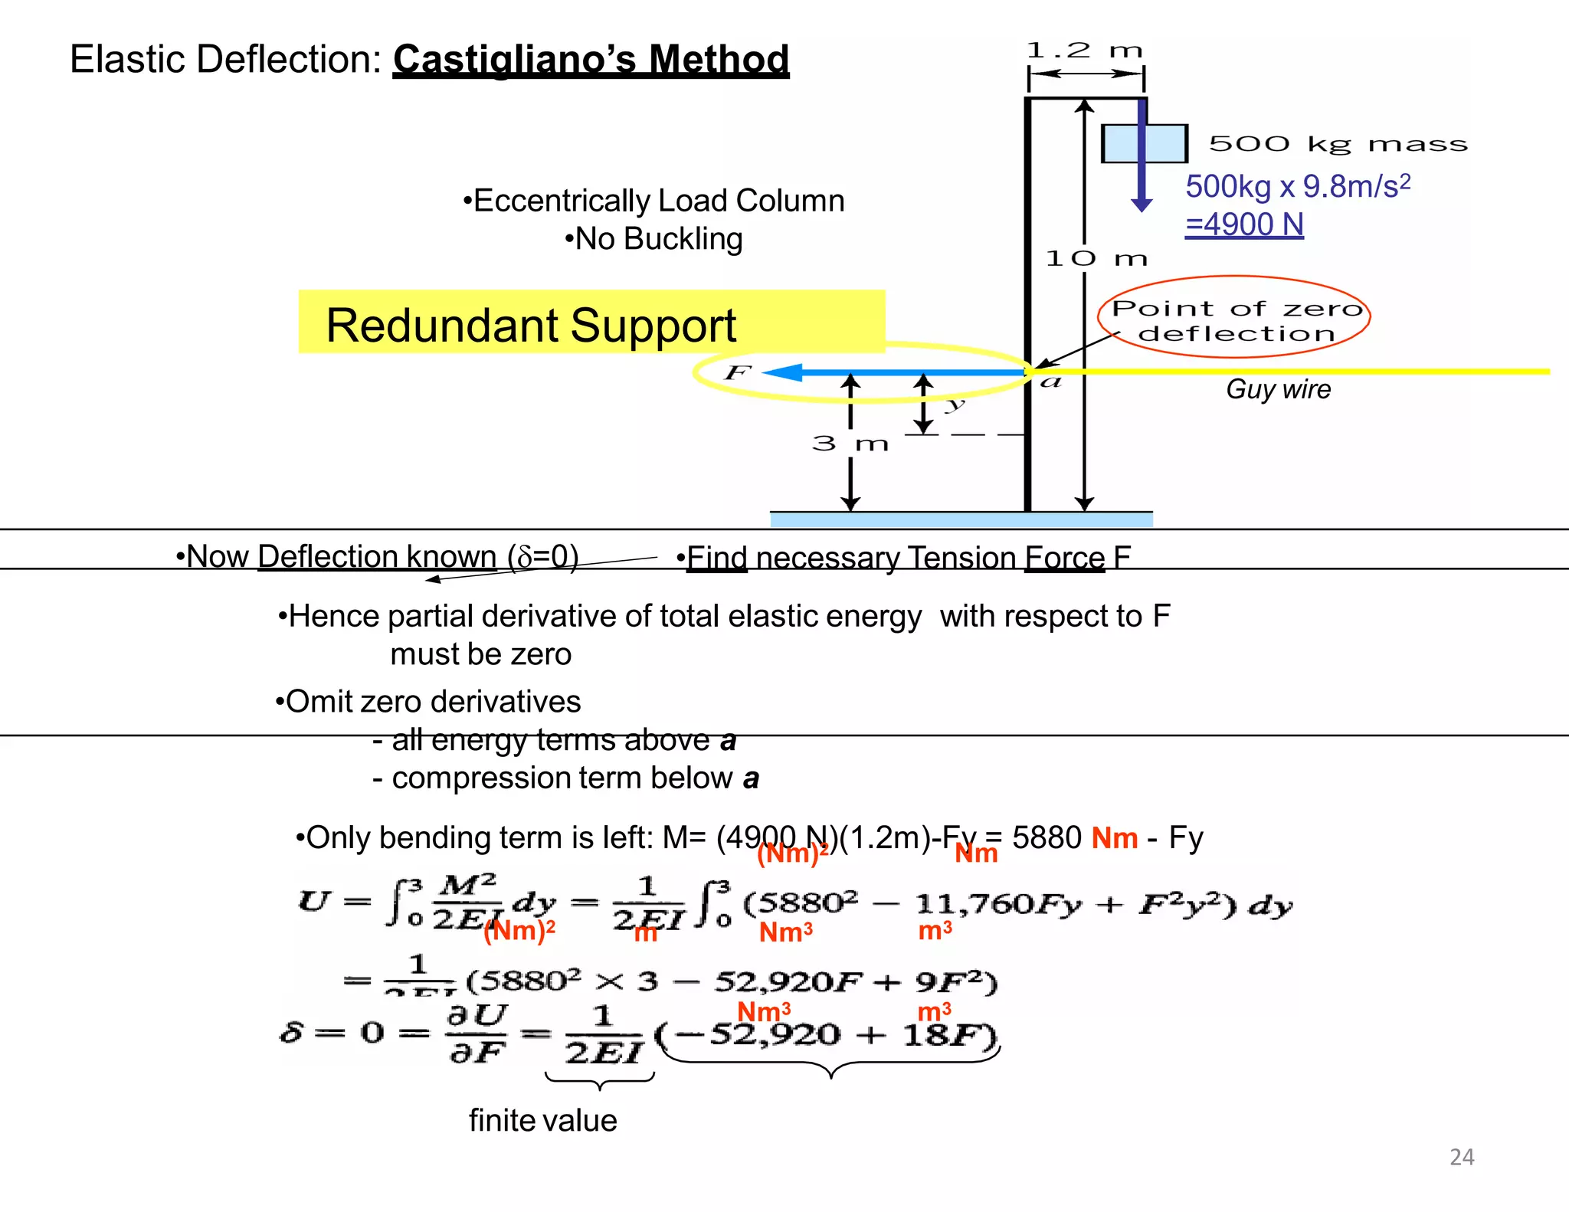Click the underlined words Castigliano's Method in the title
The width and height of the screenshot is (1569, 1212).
[591, 59]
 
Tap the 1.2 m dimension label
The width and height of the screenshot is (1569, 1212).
[1084, 51]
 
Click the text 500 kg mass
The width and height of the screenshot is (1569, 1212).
[1338, 143]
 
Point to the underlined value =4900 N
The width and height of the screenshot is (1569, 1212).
[1244, 224]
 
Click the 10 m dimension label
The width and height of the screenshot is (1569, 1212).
[1096, 258]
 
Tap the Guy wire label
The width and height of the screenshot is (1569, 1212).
[1278, 389]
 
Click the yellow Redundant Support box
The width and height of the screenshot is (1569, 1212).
[591, 323]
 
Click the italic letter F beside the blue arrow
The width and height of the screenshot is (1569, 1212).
[738, 372]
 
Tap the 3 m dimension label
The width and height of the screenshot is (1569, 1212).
[850, 443]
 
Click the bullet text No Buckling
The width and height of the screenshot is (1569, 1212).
[653, 239]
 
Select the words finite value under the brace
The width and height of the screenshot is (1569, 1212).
[542, 1120]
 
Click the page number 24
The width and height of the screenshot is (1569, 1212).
[1461, 1156]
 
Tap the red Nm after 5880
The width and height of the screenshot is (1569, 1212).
[1114, 838]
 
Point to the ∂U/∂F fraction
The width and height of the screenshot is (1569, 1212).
[477, 1033]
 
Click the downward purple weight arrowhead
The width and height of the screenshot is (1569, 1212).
[1142, 205]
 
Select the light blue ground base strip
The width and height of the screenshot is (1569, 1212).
[961, 519]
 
